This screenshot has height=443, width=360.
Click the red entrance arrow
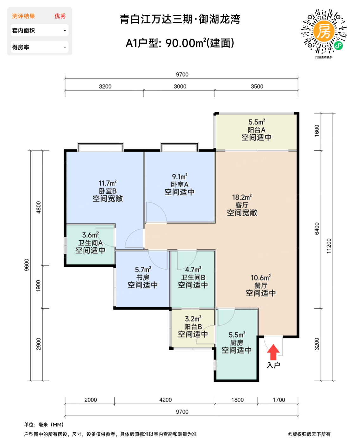click(273, 352)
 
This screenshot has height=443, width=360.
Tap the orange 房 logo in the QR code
click(324, 31)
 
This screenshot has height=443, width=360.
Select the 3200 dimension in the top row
click(105, 86)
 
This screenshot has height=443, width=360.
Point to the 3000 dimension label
click(180, 86)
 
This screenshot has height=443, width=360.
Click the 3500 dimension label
click(257, 86)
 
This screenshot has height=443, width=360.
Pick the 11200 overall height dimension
click(329, 246)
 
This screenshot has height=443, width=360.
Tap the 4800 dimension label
click(39, 207)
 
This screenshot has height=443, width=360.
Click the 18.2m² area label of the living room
click(242, 197)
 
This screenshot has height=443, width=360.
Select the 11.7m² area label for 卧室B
click(108, 183)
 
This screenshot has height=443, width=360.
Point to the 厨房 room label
click(237, 343)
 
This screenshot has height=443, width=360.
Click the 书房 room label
click(143, 278)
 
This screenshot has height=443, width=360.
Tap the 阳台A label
click(256, 130)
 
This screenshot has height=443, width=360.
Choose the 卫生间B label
click(193, 278)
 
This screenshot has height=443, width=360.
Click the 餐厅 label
click(261, 285)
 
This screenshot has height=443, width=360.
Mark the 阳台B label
click(193, 327)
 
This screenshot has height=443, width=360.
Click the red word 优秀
click(60, 16)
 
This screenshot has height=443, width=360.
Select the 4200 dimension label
click(165, 400)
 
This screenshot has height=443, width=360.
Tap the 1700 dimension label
click(279, 400)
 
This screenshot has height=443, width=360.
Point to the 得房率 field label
click(21, 47)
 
